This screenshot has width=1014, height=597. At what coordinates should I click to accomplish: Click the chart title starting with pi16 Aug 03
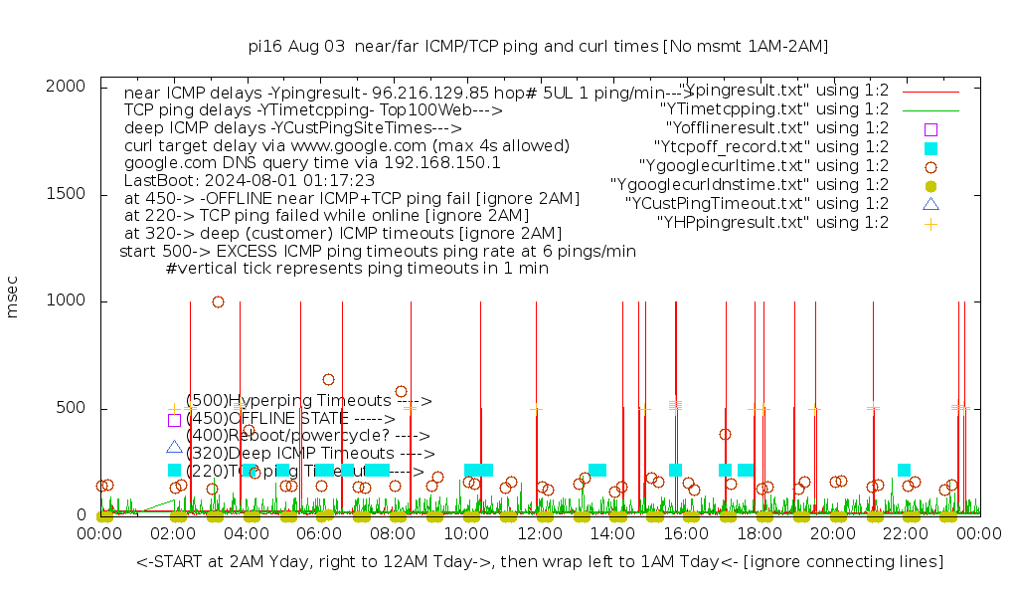[538, 46]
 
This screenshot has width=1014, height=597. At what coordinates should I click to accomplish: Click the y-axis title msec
[13, 300]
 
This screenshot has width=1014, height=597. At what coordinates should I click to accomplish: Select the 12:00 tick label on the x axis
[540, 534]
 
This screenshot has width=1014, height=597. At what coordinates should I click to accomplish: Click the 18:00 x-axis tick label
[760, 534]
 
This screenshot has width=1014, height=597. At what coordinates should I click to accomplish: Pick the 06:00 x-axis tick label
[320, 534]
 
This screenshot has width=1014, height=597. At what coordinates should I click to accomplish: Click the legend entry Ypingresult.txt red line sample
[930, 91]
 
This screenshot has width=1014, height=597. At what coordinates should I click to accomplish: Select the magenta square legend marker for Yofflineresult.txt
[930, 128]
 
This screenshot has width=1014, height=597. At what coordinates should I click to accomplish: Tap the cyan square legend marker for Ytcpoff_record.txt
[930, 147]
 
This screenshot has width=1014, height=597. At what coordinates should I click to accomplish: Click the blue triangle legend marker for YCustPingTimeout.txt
[930, 204]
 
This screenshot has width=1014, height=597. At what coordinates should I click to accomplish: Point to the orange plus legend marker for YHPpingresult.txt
[930, 223]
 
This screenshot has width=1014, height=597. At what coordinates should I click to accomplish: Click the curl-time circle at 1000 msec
[218, 301]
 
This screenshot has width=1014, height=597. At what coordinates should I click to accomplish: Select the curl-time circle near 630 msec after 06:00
[328, 379]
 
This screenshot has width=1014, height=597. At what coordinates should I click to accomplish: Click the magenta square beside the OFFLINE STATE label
[175, 420]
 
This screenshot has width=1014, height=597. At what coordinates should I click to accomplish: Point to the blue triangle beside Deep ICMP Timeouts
[175, 448]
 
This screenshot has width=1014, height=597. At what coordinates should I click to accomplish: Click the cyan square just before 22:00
[904, 470]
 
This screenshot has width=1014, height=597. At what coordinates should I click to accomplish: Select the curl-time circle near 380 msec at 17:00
[725, 434]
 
